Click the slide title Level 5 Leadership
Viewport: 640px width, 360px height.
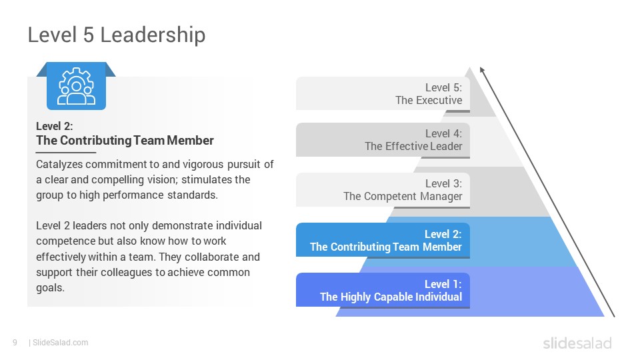(x=117, y=35)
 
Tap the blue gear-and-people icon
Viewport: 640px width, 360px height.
(x=76, y=86)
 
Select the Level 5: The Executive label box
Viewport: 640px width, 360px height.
(x=383, y=94)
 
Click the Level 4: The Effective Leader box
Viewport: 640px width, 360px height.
(x=383, y=140)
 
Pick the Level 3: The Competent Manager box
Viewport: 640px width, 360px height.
(x=383, y=190)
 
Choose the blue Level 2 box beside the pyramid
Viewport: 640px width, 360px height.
(x=383, y=241)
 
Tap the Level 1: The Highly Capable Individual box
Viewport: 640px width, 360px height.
(x=383, y=291)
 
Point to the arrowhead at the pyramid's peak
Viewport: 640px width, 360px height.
(x=482, y=69)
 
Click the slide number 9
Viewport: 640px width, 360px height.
(x=15, y=343)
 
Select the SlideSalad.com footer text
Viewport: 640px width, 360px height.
(x=61, y=343)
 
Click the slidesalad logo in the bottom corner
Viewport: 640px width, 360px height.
(x=577, y=343)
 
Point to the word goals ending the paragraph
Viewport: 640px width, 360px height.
(x=50, y=288)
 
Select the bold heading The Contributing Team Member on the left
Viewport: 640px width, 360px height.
(x=125, y=141)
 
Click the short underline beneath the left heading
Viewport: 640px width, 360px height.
(x=66, y=153)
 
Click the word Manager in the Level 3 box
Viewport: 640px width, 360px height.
(x=441, y=196)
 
